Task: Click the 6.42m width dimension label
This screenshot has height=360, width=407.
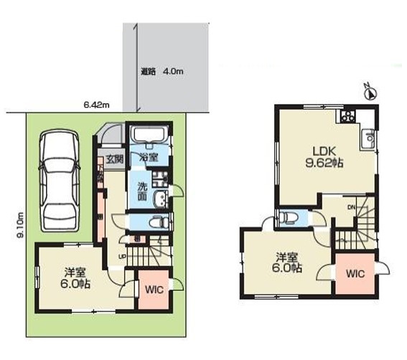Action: coord(95,105)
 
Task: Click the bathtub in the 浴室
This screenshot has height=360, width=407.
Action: coord(149,136)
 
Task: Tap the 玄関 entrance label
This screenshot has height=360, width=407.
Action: coord(116,159)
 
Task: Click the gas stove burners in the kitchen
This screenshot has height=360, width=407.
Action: coord(350,115)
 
